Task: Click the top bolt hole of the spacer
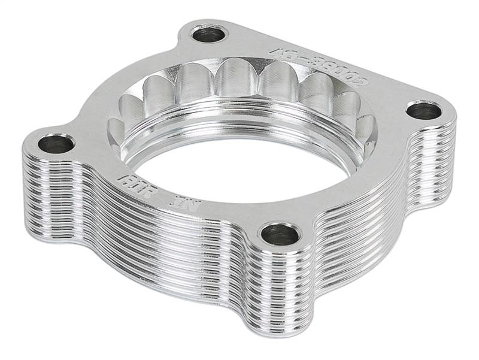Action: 210,34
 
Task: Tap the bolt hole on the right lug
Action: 423,110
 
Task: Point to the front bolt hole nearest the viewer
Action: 280,234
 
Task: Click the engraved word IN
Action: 169,197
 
